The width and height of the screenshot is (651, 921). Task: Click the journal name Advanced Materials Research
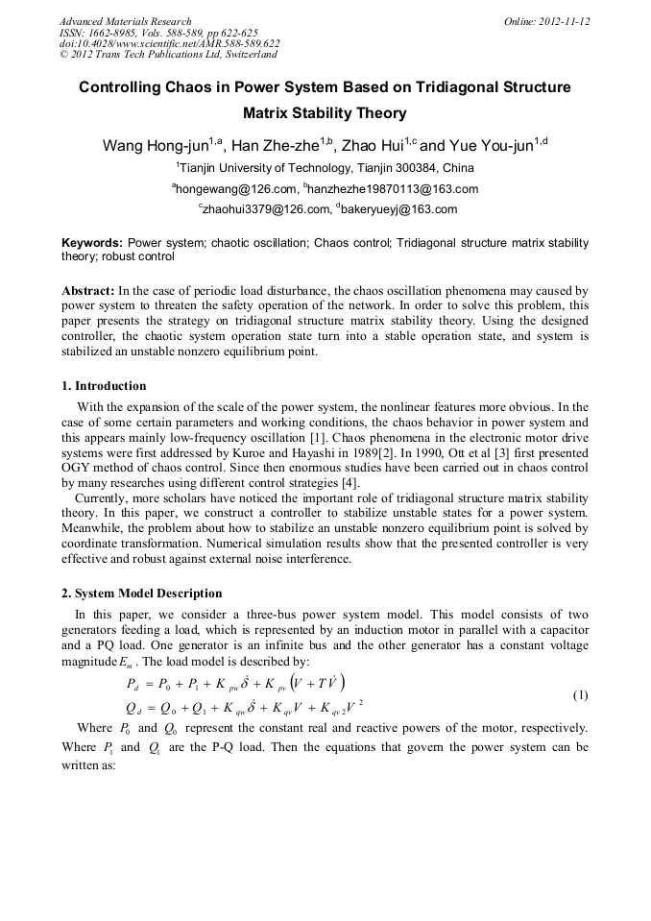[126, 21]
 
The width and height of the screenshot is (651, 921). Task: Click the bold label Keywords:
[92, 243]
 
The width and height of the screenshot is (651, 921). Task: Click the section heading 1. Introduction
[104, 386]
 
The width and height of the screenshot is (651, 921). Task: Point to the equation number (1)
[580, 694]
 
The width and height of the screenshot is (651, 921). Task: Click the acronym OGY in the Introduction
[76, 469]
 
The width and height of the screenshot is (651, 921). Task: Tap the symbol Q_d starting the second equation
[133, 710]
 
